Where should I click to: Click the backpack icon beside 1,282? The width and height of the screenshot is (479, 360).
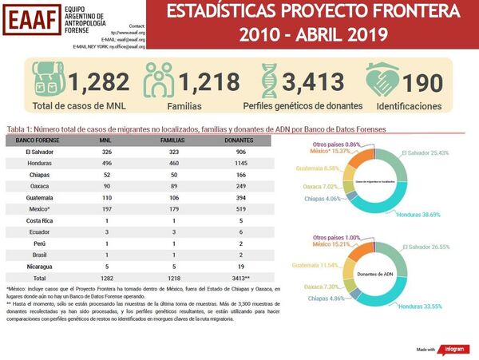pyautogui.click(x=49, y=81)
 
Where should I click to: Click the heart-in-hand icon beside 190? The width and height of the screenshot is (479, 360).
pyautogui.click(x=382, y=81)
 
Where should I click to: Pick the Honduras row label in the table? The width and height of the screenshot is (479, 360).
pyautogui.click(x=39, y=163)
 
